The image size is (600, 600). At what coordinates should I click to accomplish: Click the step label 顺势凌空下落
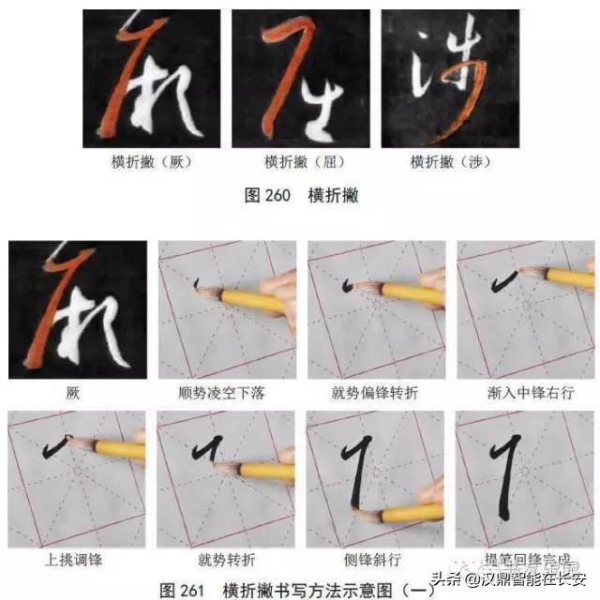coord(226,392)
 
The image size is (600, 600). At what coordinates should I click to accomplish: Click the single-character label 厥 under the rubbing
coord(73,392)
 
